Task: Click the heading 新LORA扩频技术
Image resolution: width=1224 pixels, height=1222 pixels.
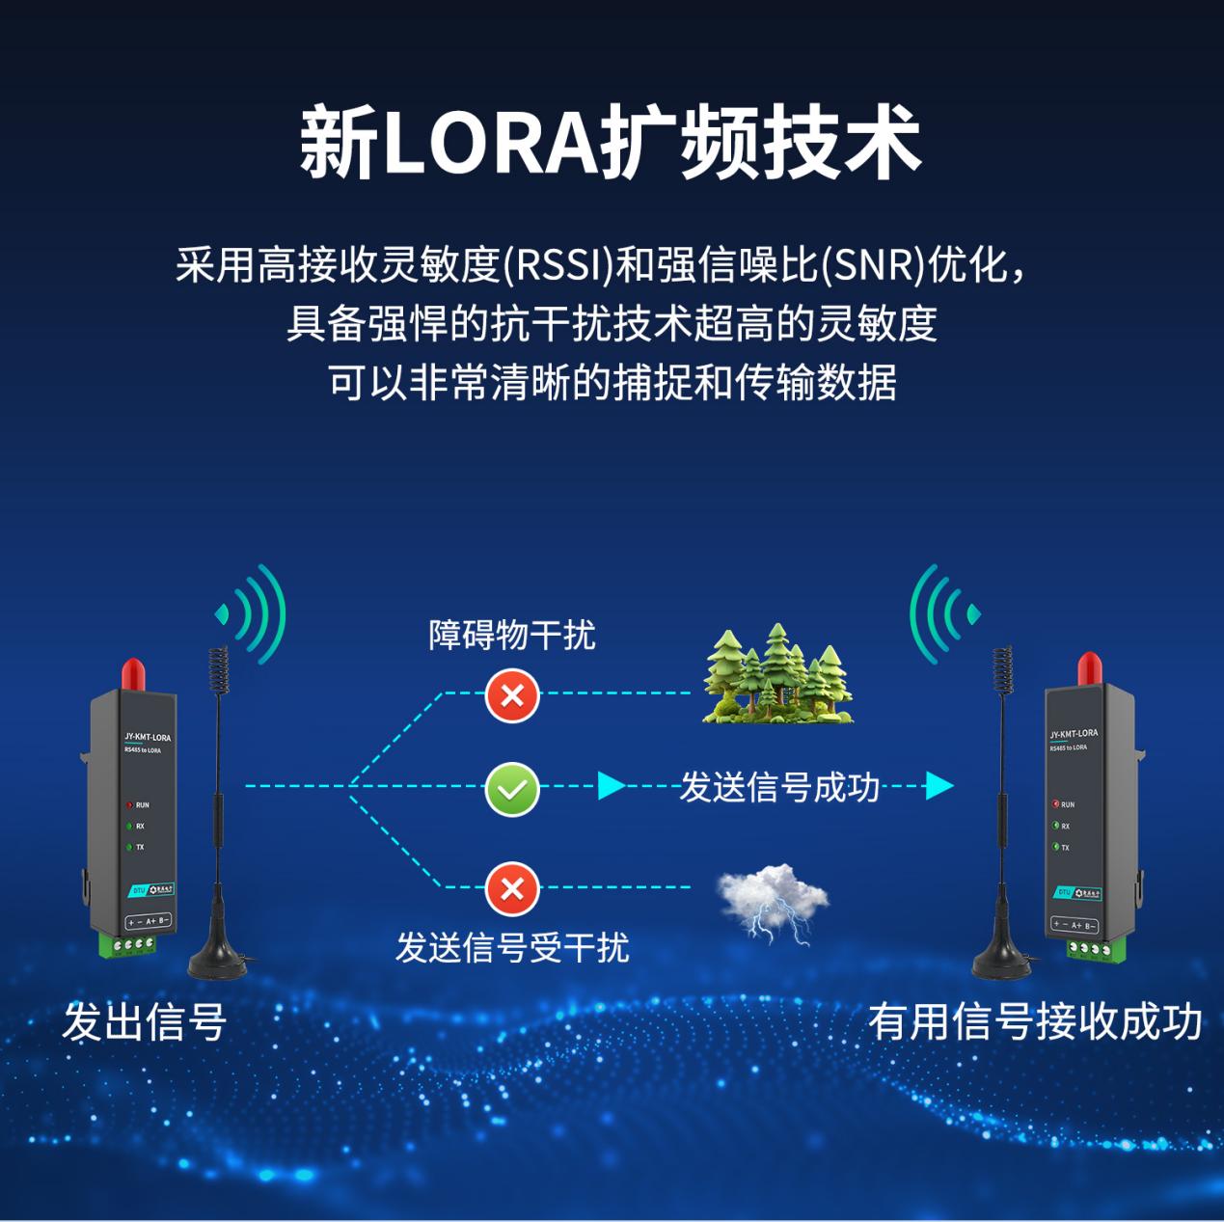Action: click(x=612, y=145)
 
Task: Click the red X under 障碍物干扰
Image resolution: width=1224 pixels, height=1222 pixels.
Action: click(x=512, y=693)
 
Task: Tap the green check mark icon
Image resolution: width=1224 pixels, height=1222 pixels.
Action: click(x=512, y=788)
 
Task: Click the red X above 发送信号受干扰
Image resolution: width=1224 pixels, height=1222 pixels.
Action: click(x=512, y=888)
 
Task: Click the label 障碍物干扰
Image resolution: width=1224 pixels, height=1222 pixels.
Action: click(x=512, y=636)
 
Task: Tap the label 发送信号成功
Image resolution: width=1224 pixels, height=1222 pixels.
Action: click(x=779, y=788)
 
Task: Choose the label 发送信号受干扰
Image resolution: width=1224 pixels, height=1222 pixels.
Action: click(x=512, y=948)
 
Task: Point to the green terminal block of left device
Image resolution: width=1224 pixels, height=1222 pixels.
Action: click(x=129, y=944)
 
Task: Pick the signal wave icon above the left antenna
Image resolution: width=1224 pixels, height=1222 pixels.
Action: click(x=253, y=613)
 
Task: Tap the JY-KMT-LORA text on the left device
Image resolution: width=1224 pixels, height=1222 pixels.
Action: click(x=148, y=738)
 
